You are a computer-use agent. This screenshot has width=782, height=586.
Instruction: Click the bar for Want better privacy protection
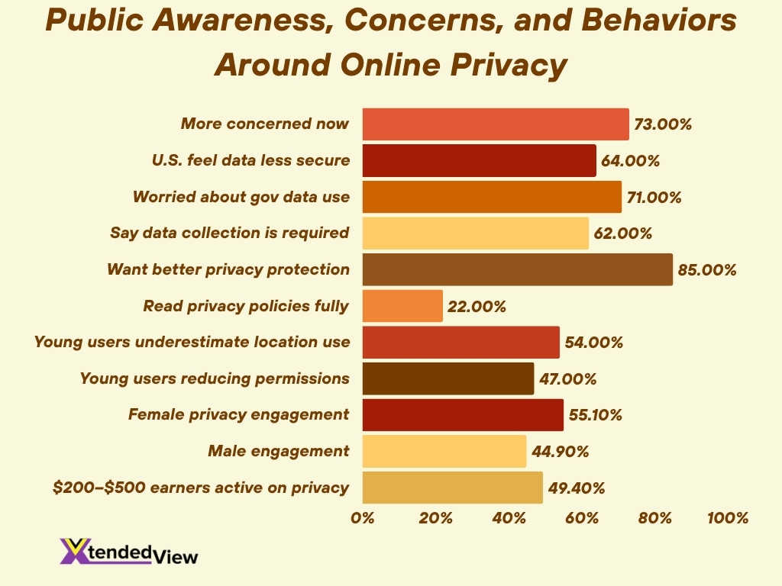pos(517,269)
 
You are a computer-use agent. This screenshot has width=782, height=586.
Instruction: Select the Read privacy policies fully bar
pos(402,306)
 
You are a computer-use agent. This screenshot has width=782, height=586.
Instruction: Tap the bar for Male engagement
pos(444,451)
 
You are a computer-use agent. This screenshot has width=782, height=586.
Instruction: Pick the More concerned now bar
pos(495,124)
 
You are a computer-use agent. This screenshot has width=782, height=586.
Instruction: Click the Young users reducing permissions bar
pos(448,378)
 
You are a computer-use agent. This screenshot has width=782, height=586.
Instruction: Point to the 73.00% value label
pos(663,124)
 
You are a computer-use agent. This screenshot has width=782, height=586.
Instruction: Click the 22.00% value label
pos(477,307)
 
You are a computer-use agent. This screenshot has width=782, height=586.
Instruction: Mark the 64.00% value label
pos(630,161)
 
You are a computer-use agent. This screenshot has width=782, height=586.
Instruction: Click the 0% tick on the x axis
pos(363,518)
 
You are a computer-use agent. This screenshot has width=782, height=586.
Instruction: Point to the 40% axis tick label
pos(509,518)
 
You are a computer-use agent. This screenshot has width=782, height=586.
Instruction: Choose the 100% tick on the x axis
pos(728,518)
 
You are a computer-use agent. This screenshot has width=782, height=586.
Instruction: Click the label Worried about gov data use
pos(241,197)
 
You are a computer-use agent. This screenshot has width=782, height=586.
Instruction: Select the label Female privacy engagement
pos(238,414)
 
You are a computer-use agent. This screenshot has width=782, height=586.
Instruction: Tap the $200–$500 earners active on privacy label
pos(201,487)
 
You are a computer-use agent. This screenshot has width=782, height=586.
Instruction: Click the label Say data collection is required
pos(230,233)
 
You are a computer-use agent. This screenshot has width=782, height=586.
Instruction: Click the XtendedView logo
pos(128,552)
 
